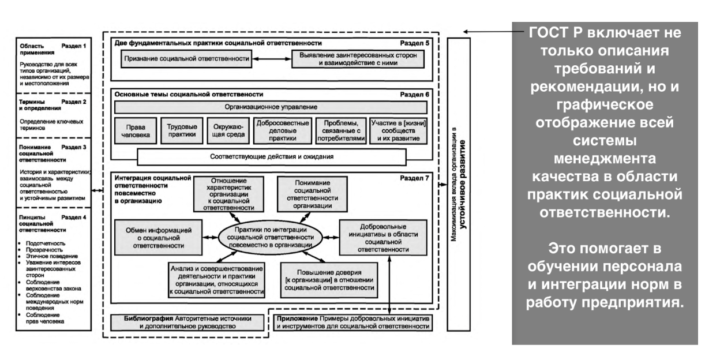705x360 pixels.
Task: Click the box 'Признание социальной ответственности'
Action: (187, 58)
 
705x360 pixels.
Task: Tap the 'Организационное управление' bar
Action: (269, 107)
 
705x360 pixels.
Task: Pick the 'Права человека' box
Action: (134, 130)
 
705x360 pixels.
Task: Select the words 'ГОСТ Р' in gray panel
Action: (554, 33)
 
